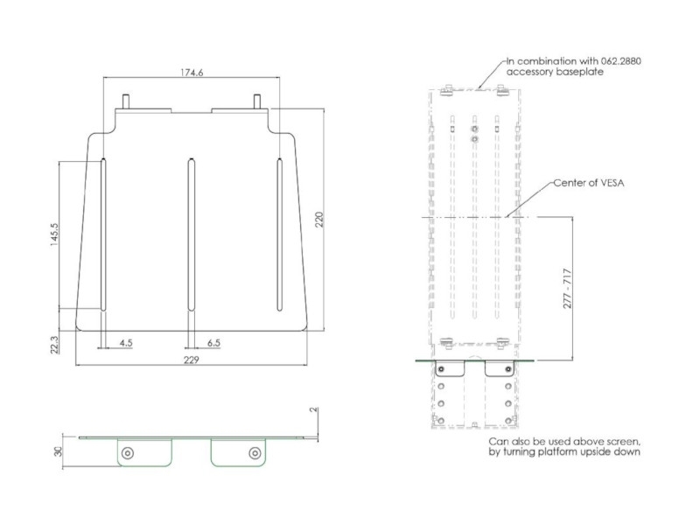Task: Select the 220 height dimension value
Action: point(319,220)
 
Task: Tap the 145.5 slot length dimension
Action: point(54,234)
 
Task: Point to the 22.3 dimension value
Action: point(54,343)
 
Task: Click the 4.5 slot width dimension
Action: point(126,343)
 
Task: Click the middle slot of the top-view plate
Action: point(189,234)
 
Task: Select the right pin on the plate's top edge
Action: point(257,101)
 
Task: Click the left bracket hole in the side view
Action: point(128,452)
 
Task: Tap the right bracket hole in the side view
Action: point(255,452)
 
